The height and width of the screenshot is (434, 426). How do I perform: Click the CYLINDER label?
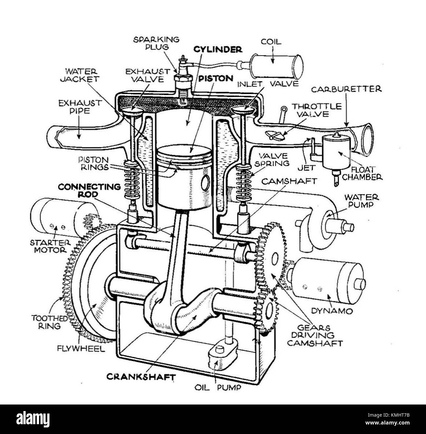(x=218, y=49)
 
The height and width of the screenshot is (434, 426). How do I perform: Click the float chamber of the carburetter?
(x=336, y=152)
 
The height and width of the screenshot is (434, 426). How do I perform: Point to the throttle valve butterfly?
(x=274, y=135)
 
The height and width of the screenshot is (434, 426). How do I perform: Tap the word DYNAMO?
(x=332, y=311)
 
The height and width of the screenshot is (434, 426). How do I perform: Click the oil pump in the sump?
(x=223, y=354)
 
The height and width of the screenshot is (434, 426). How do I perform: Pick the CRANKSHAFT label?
(x=141, y=377)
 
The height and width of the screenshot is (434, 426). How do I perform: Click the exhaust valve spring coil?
(x=132, y=182)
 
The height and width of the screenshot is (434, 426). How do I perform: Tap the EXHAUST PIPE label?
(x=80, y=107)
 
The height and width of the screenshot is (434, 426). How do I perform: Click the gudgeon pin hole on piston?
(x=205, y=183)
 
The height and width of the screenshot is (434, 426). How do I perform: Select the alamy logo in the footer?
(x=33, y=419)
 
